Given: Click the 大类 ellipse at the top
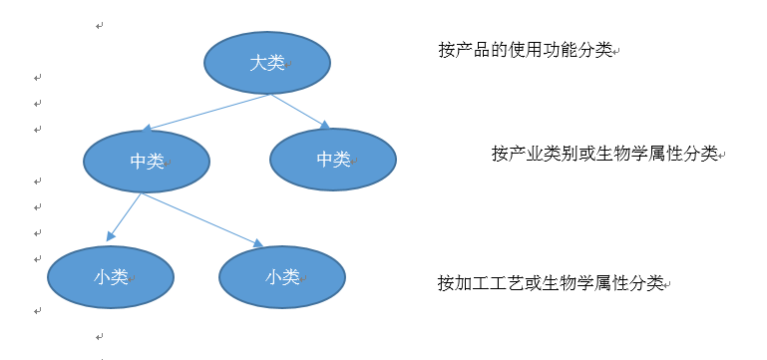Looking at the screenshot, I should pos(266,62).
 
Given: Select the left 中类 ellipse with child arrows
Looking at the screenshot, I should pos(147,161).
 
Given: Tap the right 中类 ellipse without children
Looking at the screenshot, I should pos(333,160).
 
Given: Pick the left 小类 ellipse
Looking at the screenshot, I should pos(112,277).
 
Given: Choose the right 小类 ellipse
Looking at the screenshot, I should pos(282,276).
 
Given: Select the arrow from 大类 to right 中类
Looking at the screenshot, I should pos(299,110).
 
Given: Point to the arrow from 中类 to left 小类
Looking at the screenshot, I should pos(125,216).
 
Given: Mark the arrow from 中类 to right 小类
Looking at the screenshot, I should pos(199,218).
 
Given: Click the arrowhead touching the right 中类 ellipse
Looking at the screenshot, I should pos(324,125).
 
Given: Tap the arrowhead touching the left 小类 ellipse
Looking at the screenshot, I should pos(111,237).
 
